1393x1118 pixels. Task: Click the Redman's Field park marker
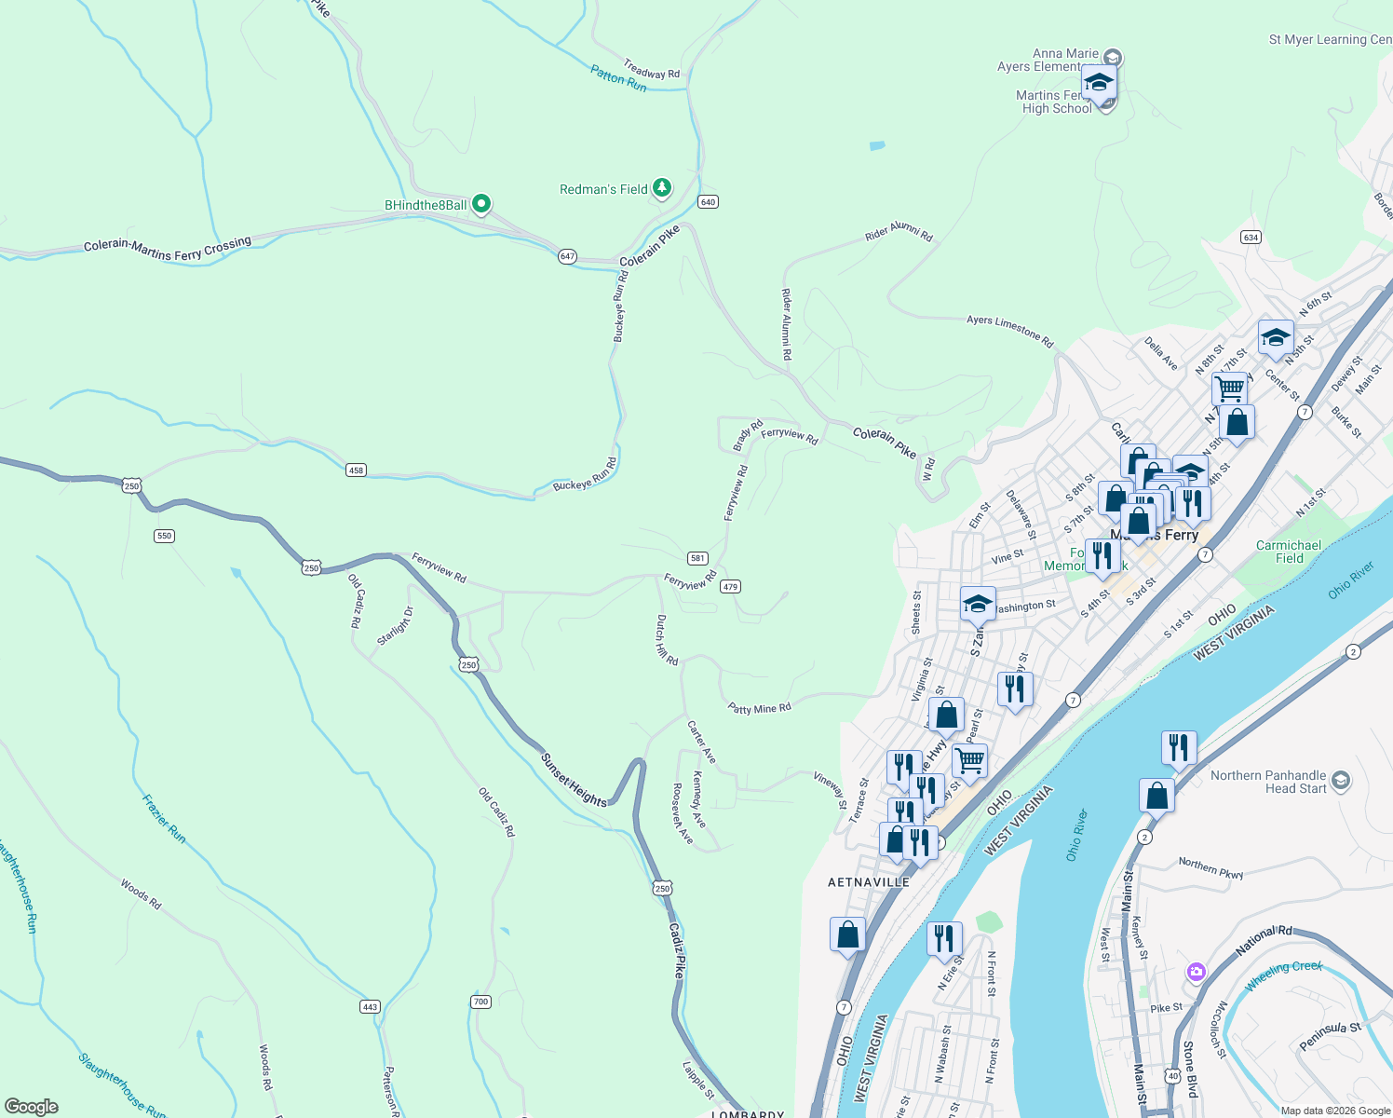662,188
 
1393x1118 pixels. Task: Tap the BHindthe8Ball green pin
481,203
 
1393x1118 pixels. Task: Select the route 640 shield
708,202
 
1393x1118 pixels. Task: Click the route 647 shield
567,256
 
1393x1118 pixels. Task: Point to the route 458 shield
356,470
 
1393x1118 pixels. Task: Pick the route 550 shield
165,536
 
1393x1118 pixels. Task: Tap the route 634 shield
1251,238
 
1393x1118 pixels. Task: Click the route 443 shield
370,1006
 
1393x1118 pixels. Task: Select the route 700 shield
480,1002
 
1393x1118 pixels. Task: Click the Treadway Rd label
652,69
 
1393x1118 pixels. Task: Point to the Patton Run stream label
618,78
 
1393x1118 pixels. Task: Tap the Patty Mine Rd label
759,709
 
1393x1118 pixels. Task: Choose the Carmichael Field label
1289,552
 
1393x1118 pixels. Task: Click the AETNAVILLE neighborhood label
869,882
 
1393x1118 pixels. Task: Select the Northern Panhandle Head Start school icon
1341,780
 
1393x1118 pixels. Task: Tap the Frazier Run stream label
164,819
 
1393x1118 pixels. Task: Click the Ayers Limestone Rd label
1009,332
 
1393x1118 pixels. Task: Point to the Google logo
32,1107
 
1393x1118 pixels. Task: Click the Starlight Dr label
395,626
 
